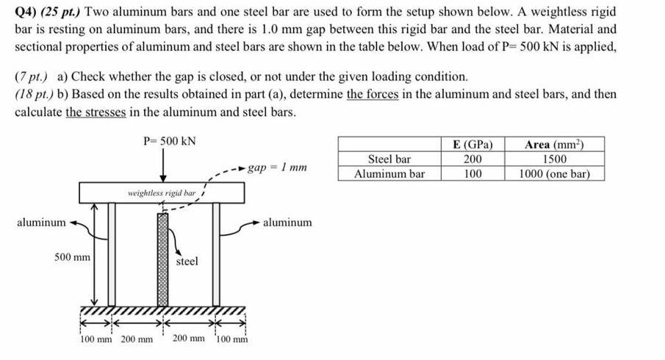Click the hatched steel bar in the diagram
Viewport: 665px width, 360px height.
tap(162, 257)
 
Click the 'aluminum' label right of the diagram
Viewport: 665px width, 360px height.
tap(287, 221)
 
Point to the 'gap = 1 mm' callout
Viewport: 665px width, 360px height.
tap(277, 168)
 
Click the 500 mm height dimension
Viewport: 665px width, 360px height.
tap(72, 257)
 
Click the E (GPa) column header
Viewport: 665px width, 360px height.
tap(473, 143)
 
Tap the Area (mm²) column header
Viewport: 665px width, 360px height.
tap(555, 143)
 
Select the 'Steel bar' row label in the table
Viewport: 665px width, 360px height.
tap(389, 159)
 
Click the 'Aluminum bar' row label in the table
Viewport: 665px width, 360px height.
tap(389, 174)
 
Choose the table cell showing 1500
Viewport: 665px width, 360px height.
tap(555, 159)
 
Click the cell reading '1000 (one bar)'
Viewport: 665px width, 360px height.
tap(555, 174)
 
